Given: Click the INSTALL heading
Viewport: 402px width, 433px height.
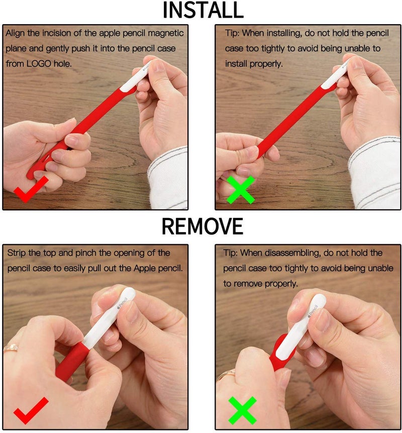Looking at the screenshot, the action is click(x=204, y=10).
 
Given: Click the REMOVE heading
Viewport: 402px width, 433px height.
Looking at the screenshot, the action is click(x=203, y=226).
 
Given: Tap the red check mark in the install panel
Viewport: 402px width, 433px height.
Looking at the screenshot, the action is click(x=31, y=189).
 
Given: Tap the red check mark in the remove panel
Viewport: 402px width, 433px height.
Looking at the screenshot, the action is click(x=31, y=410).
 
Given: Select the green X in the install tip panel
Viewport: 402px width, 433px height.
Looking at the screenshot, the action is click(x=240, y=190).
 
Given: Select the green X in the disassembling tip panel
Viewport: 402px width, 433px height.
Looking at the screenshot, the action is click(x=242, y=410).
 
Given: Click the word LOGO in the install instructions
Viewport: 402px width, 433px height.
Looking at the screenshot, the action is click(x=39, y=64).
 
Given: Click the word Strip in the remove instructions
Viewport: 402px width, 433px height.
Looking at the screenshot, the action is click(x=17, y=253).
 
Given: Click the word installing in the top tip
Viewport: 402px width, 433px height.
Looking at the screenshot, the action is click(x=284, y=33).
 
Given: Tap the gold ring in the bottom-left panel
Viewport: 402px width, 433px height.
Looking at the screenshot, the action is click(x=11, y=348).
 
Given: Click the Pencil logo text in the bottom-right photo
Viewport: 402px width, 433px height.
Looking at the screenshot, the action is click(x=313, y=310).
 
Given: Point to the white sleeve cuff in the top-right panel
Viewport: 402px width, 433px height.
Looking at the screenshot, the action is click(x=374, y=173).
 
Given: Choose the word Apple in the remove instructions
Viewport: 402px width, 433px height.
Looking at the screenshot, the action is click(x=145, y=268).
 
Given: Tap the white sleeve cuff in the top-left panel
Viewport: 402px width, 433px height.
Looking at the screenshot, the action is click(x=168, y=178).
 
